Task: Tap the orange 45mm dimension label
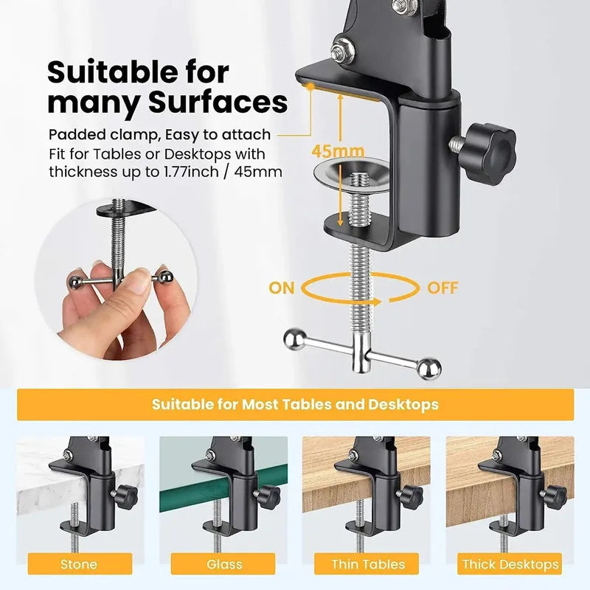click(x=330, y=150)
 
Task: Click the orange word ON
click(x=281, y=288)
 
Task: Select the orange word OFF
click(x=442, y=288)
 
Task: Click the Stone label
click(x=79, y=564)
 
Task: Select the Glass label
click(x=224, y=564)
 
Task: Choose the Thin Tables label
click(x=368, y=564)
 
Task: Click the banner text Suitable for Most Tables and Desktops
click(x=295, y=404)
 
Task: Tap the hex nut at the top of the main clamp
click(x=341, y=50)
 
